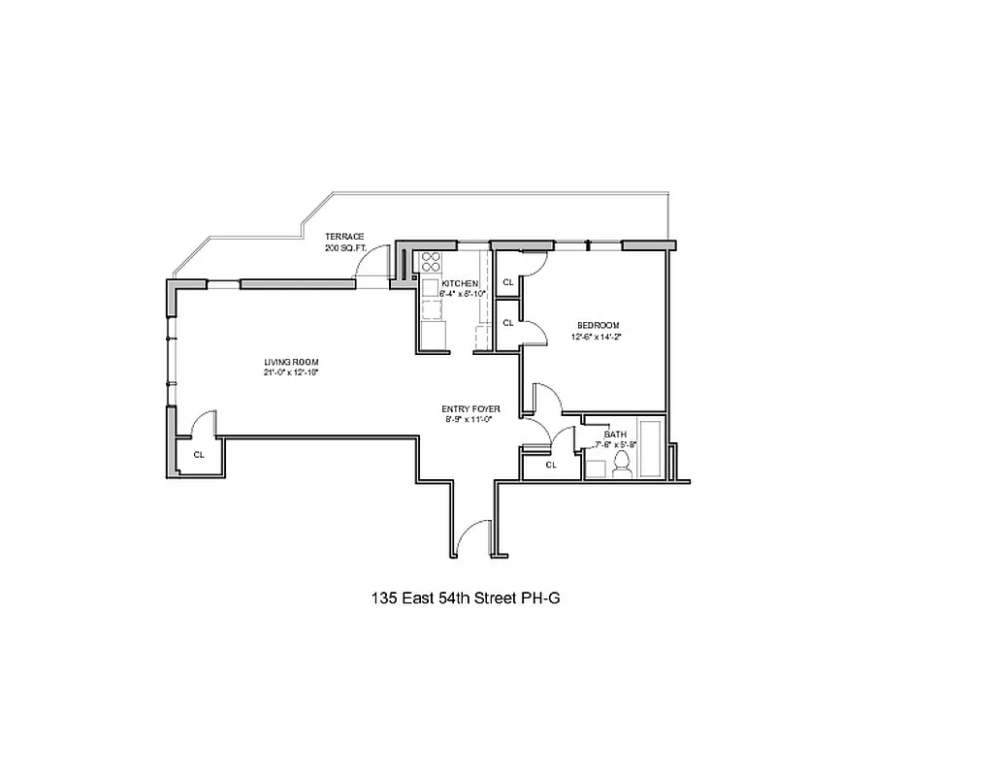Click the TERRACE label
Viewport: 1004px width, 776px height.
[344, 237]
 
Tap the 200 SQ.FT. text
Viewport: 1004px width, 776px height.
[344, 248]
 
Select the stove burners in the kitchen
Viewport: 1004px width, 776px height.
[431, 261]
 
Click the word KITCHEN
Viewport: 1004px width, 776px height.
[460, 283]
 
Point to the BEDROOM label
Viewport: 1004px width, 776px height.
[598, 325]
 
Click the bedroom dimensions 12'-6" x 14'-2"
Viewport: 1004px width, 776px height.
[598, 338]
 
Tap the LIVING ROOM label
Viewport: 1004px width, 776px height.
[291, 362]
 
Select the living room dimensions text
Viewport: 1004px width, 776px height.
[291, 372]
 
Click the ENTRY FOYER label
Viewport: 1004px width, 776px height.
[470, 408]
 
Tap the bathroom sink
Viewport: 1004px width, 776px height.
[596, 469]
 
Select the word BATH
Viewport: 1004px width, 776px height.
[615, 435]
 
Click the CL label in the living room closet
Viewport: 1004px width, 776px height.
[198, 454]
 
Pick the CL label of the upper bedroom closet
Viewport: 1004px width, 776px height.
[507, 282]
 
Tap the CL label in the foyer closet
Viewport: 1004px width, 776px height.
[551, 465]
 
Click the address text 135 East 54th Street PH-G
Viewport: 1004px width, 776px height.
[466, 598]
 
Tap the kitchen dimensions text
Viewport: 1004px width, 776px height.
[462, 293]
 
